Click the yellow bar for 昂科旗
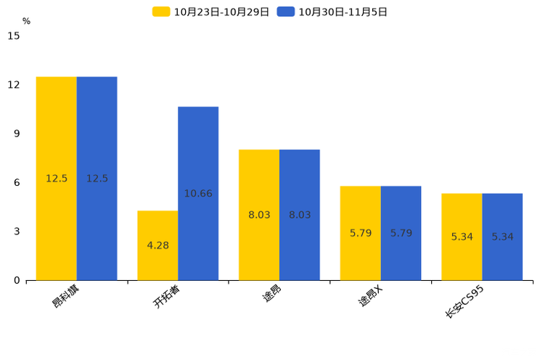click(56, 179)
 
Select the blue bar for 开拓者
click(198, 194)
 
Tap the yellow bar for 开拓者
click(157, 245)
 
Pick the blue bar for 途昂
click(300, 215)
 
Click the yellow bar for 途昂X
click(360, 233)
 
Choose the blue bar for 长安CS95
click(502, 237)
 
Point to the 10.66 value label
click(198, 194)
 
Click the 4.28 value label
click(157, 245)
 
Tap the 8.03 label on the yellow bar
click(259, 215)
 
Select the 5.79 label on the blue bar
click(401, 233)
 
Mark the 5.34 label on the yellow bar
click(462, 237)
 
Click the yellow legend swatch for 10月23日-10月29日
click(161, 12)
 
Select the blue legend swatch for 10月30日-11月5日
click(286, 12)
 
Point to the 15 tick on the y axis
click(14, 36)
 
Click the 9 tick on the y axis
click(17, 134)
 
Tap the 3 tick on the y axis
click(17, 232)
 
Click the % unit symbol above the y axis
click(27, 21)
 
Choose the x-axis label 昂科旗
click(65, 296)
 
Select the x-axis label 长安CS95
click(465, 302)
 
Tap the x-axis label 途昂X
click(371, 296)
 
